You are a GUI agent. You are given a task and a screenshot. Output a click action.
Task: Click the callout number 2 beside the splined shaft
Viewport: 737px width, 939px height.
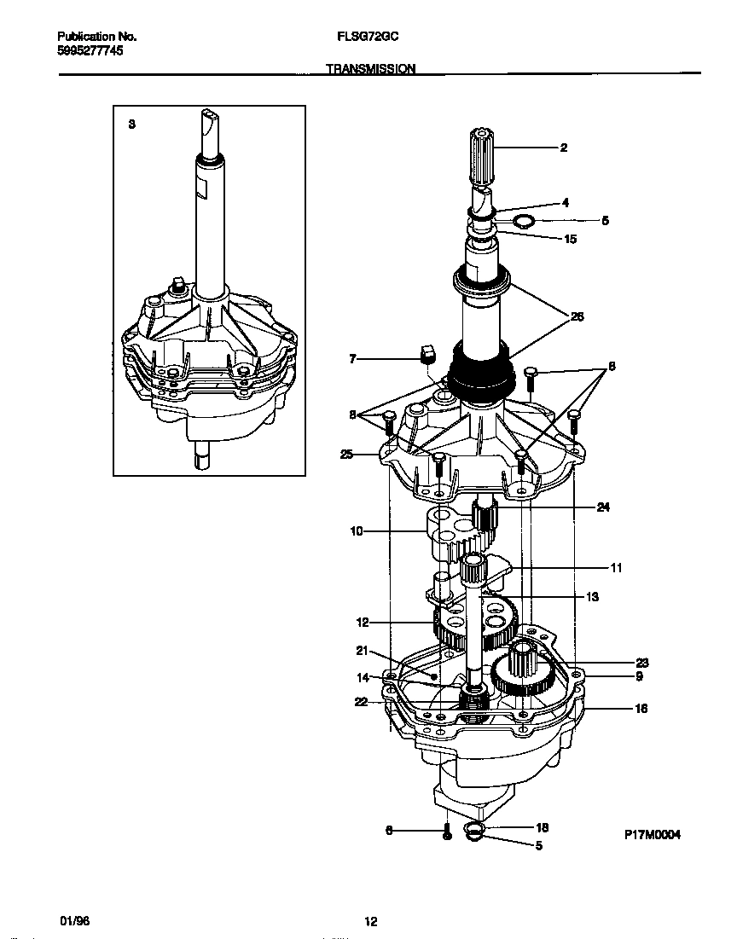tap(564, 148)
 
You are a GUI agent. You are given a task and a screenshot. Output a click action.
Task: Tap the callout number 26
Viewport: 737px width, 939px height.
tap(577, 317)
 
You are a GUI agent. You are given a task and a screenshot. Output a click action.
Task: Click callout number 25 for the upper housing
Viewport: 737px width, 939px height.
tap(346, 455)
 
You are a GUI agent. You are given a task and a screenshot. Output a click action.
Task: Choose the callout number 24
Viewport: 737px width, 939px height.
tap(603, 507)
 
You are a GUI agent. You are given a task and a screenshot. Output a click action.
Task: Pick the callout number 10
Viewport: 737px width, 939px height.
tap(357, 531)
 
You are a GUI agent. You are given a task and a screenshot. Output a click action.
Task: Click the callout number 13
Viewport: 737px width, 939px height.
tap(592, 597)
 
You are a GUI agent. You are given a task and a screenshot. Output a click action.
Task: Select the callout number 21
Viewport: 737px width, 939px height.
tap(362, 651)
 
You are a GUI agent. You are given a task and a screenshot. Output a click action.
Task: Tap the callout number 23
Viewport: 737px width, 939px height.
tap(642, 663)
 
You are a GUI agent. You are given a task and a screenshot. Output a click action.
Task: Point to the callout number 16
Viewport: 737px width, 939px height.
tap(641, 709)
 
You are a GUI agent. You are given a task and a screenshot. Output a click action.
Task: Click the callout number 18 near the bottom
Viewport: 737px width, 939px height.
tap(541, 827)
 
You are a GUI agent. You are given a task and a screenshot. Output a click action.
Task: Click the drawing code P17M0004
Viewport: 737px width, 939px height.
tap(652, 836)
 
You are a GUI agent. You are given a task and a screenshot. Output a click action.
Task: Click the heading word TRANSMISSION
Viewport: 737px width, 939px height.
tap(371, 69)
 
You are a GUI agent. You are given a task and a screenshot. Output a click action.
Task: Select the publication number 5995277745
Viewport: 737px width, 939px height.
tap(90, 51)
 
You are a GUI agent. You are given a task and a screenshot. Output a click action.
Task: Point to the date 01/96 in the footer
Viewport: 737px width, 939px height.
tap(74, 921)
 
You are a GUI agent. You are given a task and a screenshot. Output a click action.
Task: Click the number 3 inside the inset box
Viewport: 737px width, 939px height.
tap(131, 125)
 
